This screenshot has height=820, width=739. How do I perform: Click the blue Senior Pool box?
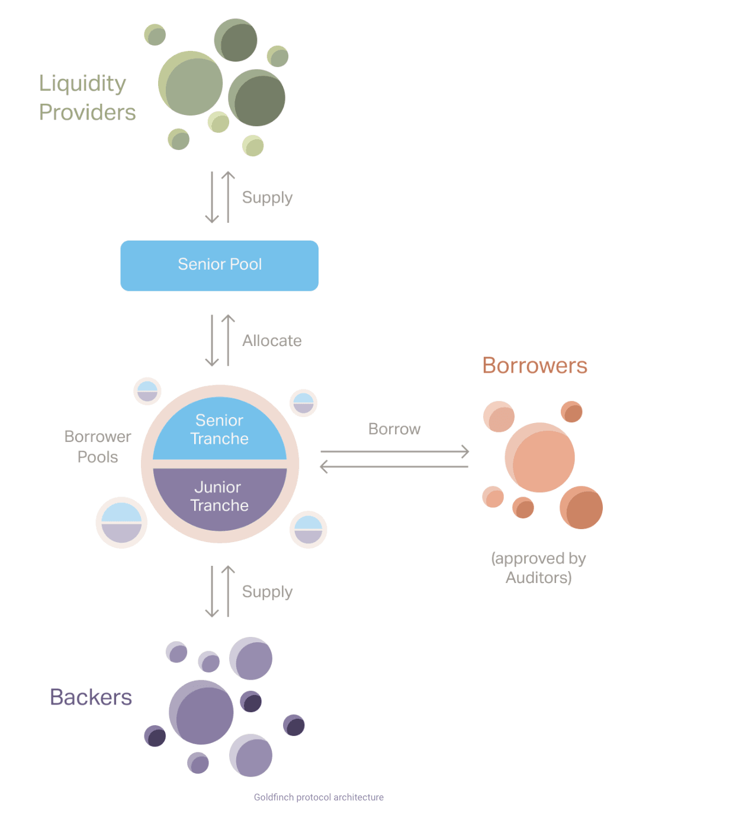click(219, 265)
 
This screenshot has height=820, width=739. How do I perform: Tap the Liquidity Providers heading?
click(87, 98)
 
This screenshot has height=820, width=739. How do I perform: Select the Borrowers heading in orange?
click(535, 366)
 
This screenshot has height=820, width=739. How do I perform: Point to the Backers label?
click(91, 697)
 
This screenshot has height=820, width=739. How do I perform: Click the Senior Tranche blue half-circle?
click(220, 430)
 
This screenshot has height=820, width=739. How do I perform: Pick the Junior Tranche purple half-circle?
click(220, 497)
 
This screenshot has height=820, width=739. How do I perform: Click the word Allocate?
click(272, 341)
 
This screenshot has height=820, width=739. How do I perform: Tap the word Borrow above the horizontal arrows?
click(394, 429)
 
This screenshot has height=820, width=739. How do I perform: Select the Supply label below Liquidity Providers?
click(267, 197)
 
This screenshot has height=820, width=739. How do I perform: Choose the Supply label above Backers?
click(267, 592)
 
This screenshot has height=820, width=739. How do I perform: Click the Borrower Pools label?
click(98, 447)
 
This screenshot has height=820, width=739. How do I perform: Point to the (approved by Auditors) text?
click(538, 568)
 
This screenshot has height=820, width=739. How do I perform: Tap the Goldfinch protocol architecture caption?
click(319, 797)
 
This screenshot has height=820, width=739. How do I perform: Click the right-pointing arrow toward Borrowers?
click(394, 451)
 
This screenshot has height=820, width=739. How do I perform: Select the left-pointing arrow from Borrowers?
click(394, 467)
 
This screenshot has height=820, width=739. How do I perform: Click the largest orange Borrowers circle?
click(540, 457)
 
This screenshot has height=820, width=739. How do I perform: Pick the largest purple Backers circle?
click(201, 712)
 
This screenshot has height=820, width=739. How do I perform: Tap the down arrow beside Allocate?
click(212, 340)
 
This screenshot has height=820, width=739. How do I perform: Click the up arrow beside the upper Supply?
click(228, 197)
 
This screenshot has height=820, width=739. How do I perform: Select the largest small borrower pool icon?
click(121, 523)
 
